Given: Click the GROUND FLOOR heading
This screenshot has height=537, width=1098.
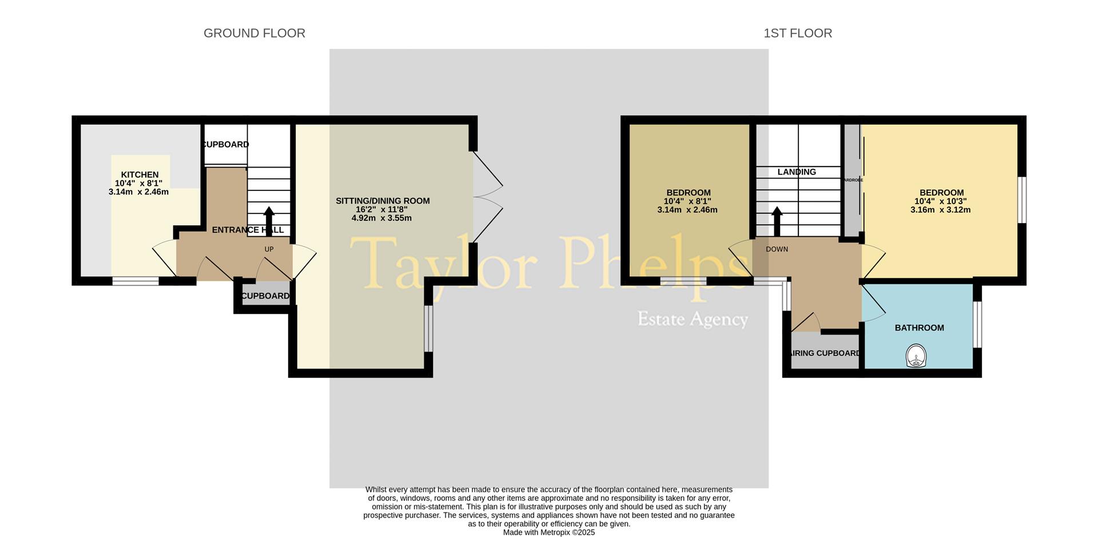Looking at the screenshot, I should [254, 33].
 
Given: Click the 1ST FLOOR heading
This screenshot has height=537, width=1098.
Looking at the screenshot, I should [798, 33].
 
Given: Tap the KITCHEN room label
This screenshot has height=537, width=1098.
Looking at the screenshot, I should [140, 174].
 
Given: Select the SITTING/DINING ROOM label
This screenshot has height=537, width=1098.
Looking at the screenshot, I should [383, 201].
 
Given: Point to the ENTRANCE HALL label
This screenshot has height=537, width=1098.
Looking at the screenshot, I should [248, 230].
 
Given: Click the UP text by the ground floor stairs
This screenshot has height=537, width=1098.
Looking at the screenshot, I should [269, 249].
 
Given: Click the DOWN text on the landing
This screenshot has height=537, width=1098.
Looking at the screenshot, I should [777, 249].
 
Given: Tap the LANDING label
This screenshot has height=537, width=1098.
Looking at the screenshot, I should [797, 172].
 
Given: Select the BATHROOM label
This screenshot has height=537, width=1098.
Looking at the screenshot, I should [919, 328].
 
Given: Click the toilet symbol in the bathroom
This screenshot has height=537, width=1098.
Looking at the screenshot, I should [916, 356].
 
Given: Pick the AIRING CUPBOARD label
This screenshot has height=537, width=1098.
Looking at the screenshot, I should [825, 353].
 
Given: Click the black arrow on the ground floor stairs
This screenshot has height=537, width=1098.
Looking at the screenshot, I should [269, 218].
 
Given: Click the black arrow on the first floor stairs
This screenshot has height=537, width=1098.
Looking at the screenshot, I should [777, 220].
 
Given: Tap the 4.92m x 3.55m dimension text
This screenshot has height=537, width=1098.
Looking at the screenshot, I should [381, 218].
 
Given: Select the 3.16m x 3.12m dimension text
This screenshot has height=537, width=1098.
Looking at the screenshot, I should [941, 210].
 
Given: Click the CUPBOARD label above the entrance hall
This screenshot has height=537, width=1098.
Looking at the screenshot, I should [226, 144].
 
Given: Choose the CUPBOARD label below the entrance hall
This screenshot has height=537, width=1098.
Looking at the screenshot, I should [265, 296].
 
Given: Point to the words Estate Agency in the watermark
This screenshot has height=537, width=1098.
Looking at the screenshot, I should [693, 319].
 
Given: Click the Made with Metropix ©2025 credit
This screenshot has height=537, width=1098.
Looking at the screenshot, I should [549, 532].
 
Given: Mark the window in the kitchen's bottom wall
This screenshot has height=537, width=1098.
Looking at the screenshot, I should [136, 281].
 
